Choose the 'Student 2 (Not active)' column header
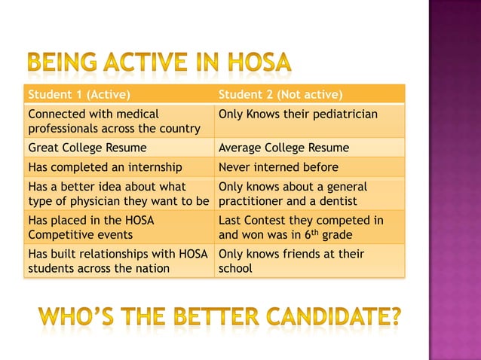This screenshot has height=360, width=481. (x=280, y=95)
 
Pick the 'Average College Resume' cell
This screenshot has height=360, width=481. (x=283, y=148)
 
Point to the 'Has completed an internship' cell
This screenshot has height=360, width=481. (x=105, y=166)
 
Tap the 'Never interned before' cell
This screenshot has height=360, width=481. (x=278, y=166)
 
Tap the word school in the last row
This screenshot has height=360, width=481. (x=235, y=268)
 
